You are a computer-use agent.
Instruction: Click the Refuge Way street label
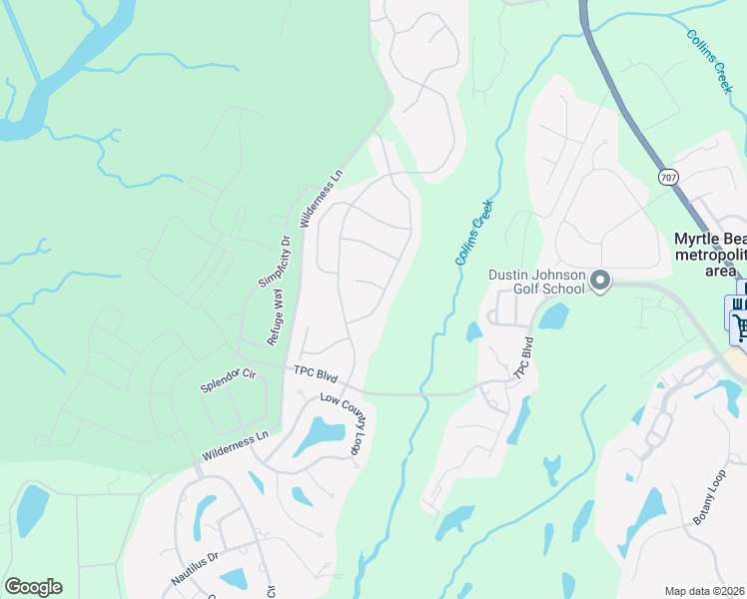point(275,316)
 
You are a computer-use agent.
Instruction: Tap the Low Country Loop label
point(342,423)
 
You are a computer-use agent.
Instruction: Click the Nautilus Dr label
point(194,567)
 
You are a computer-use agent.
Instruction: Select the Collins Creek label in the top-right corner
point(710,61)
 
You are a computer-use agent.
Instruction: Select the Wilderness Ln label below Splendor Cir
point(236,445)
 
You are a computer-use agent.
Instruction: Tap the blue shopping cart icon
point(740,323)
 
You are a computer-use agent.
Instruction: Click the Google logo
point(33,587)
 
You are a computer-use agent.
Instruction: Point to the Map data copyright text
point(705,591)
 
